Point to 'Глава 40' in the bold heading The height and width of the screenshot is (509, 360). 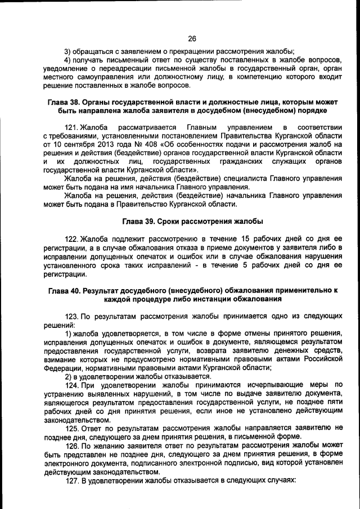(64, 290)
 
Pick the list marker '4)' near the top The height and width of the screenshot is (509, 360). (67, 60)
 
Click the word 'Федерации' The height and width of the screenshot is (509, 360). (62, 367)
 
